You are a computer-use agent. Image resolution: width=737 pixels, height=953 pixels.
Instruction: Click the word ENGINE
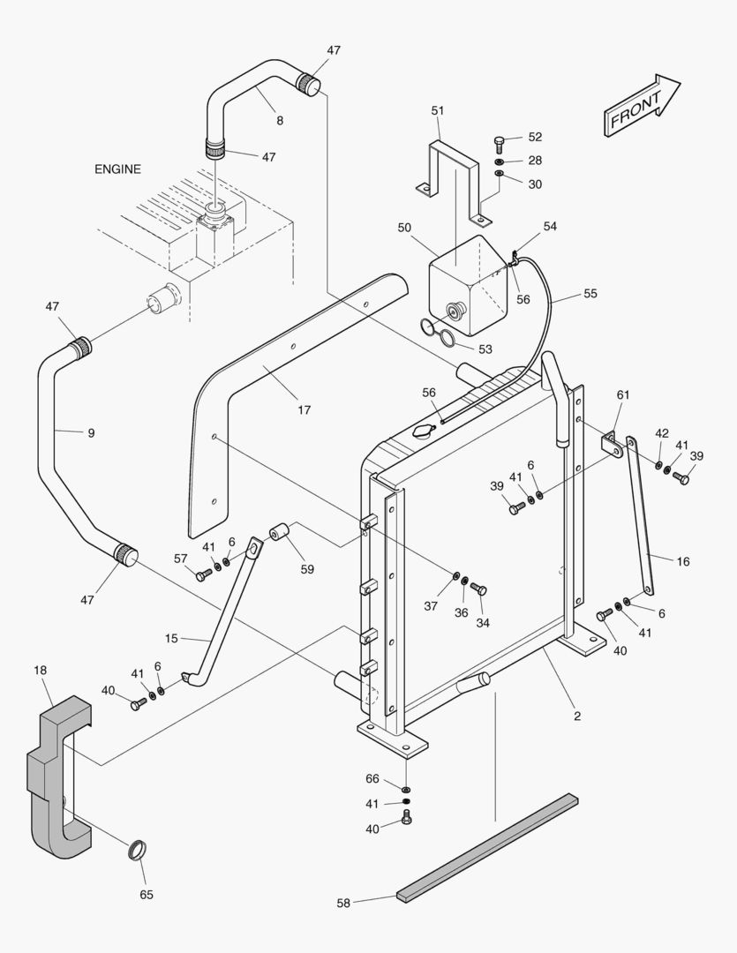117,169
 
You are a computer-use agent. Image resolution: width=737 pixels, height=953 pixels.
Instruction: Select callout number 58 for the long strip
343,903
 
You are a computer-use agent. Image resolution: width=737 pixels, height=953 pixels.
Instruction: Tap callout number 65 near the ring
147,895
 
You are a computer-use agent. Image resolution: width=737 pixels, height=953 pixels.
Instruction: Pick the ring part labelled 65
137,852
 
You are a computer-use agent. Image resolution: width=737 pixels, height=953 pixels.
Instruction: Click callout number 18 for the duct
41,672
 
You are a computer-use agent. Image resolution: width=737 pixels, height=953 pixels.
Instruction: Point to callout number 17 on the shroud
304,410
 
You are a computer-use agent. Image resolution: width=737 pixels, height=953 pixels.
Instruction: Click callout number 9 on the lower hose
91,433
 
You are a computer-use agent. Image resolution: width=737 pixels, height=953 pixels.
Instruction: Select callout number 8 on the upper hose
279,119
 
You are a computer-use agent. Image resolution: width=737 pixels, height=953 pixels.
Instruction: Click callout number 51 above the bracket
438,110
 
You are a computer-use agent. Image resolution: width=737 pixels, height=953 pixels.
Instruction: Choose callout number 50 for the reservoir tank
404,228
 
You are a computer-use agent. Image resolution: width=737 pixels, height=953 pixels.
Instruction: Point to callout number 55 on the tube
590,293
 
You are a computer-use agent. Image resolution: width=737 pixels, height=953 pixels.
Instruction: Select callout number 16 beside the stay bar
683,561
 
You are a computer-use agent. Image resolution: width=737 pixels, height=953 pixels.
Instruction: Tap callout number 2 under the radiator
577,716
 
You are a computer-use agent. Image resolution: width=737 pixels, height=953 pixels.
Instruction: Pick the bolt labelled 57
202,575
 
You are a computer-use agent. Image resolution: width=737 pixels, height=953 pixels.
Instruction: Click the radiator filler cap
423,433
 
